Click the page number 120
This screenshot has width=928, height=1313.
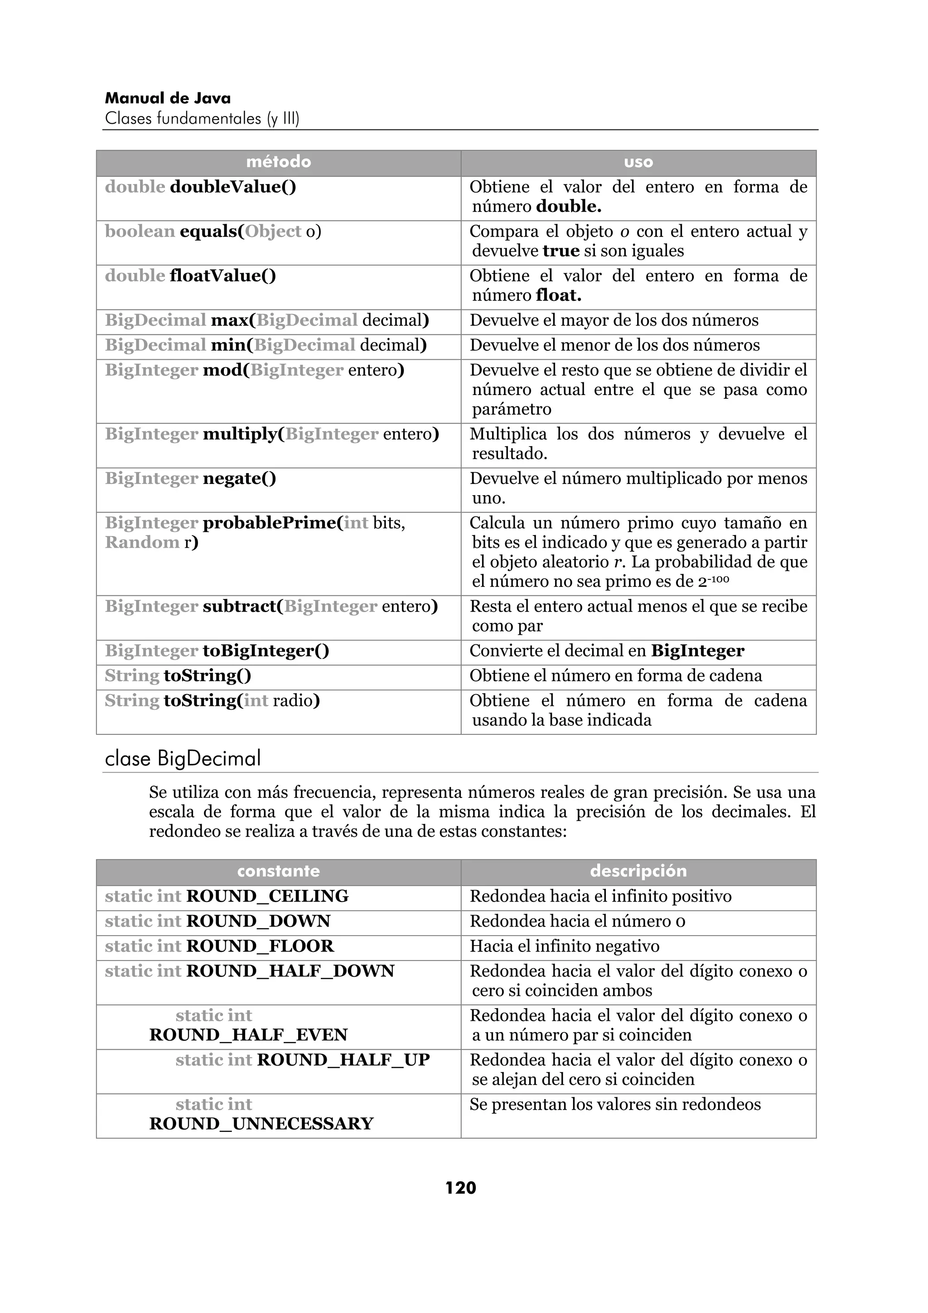point(460,1188)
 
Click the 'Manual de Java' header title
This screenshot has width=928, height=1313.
point(168,98)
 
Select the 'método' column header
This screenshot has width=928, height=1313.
point(279,162)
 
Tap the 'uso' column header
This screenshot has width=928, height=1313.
point(638,162)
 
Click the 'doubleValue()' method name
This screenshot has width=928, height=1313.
point(233,187)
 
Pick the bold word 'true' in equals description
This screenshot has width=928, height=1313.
point(561,251)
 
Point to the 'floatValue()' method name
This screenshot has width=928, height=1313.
point(222,276)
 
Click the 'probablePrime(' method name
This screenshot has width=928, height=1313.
point(271,523)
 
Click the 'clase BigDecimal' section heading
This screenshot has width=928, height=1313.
point(183,759)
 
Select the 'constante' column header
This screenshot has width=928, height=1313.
point(279,871)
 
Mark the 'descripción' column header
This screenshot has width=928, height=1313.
point(638,871)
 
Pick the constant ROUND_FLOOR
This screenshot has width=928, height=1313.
point(260,946)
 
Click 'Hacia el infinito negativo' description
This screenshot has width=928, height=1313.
point(564,946)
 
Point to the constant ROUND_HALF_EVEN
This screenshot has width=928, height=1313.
point(248,1035)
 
